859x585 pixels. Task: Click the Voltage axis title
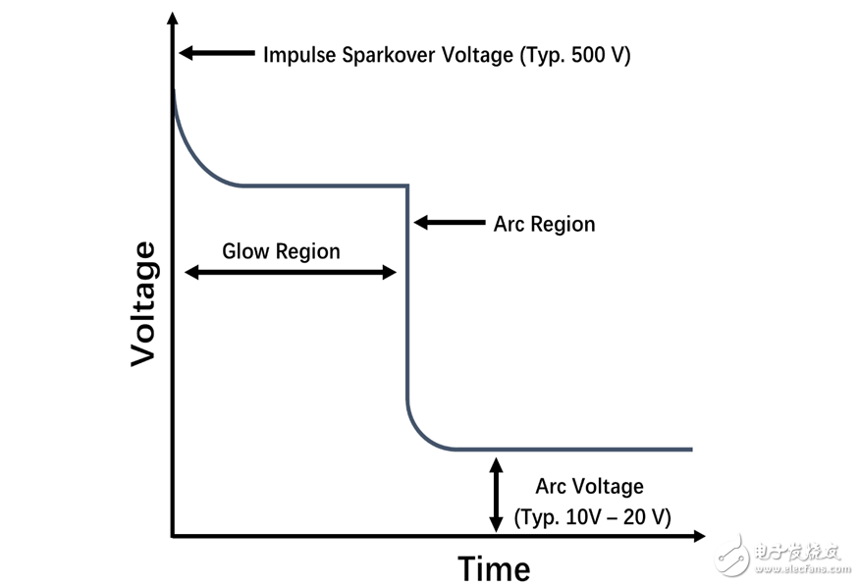pos(143,304)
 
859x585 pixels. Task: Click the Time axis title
pos(494,568)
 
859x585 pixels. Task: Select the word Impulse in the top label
pos(299,55)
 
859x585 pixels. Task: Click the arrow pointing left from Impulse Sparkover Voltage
pos(217,53)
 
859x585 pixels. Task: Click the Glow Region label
pos(281,251)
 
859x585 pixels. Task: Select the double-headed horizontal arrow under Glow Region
pos(291,272)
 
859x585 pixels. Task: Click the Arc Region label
pos(544,224)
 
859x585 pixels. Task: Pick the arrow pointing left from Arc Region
pos(450,223)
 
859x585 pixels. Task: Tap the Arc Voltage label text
pos(589,486)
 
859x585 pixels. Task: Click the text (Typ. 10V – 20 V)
pos(592,516)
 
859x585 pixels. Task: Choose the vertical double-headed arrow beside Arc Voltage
pos(496,495)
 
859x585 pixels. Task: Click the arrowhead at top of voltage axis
pos(173,18)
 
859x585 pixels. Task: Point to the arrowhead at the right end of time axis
pos(699,536)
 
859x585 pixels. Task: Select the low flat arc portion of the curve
pos(573,450)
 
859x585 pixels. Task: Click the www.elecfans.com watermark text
pos(804,568)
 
